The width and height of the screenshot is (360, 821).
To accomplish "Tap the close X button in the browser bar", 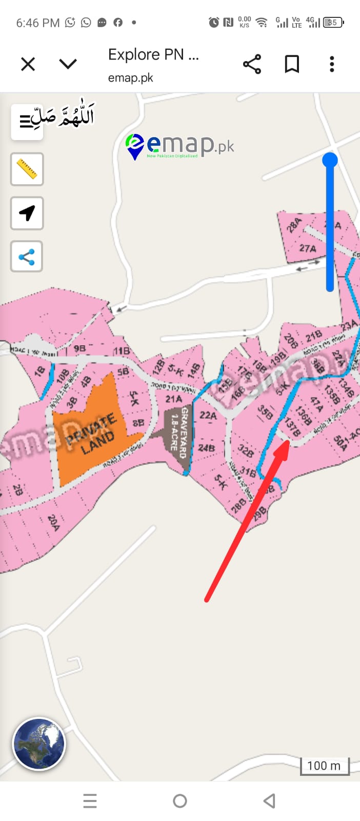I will pos(28,64).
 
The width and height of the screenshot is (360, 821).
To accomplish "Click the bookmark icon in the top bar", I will pos(292,64).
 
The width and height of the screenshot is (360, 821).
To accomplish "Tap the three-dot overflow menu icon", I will pos(332,64).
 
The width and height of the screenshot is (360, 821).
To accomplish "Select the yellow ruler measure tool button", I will pos(27,169).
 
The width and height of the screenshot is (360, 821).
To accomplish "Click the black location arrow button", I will pos(27,213).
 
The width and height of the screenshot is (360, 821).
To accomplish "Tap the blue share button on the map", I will pos(27,257).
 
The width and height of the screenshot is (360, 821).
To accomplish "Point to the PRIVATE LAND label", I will pos(91,434).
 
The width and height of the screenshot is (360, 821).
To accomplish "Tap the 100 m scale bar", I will pos(324,766).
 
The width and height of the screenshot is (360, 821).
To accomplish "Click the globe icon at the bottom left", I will pos(39,744).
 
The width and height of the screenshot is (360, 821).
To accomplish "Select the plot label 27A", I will pos(308,248).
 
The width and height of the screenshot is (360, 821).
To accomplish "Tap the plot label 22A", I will pos(208,415).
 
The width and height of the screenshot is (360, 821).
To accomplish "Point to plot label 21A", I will pos(173,399).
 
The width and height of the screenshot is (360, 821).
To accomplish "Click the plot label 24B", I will pos(206,448).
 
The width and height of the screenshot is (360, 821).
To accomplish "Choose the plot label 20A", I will pos(53,522).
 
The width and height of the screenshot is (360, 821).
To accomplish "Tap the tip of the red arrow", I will pos(288,441).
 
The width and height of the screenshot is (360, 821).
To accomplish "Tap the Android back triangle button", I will pos(270,800).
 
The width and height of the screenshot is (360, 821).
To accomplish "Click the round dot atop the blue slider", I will pos(330,160).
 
